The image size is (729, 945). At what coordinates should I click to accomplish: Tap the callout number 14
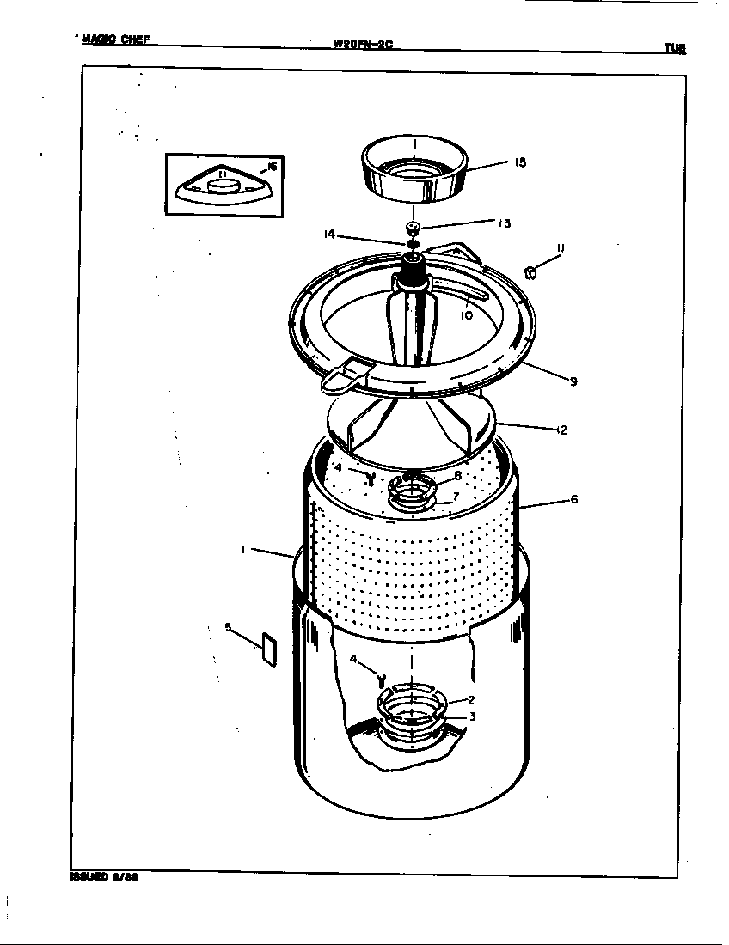pos(329,233)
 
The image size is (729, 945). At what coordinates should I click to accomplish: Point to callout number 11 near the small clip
pos(559,249)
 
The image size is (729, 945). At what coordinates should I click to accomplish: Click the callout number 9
pos(573,382)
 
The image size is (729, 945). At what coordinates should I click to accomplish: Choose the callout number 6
pos(573,499)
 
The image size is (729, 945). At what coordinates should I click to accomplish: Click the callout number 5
pos(229,627)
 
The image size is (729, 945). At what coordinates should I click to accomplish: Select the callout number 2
pos(470,699)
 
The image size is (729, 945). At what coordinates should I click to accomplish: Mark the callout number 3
pos(471,716)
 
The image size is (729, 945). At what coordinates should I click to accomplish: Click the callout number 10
pos(466,315)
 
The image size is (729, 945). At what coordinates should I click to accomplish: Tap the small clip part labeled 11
pos(530,272)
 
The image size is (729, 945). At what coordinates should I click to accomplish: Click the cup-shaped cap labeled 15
pos(414,172)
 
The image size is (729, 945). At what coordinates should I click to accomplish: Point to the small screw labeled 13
pos(413,228)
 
